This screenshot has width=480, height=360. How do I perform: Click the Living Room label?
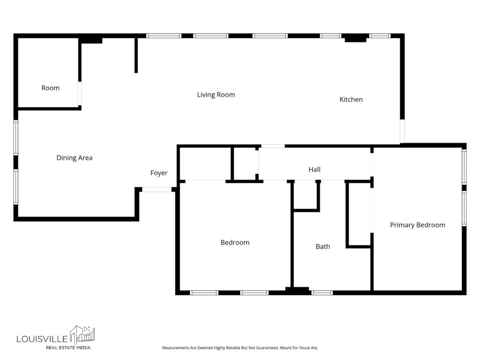(x=216, y=95)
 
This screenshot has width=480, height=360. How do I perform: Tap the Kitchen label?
(x=351, y=99)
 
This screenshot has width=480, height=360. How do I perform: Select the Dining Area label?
(x=75, y=157)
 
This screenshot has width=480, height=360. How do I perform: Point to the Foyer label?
(x=159, y=173)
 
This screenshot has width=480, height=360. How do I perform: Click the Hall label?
(x=315, y=169)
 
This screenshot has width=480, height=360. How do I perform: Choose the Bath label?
(x=322, y=247)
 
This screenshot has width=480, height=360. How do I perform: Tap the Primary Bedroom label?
(x=418, y=225)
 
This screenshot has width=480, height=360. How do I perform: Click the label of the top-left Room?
(x=51, y=88)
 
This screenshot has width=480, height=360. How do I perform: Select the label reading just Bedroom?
(x=235, y=242)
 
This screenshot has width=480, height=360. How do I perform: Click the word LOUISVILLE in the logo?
(x=42, y=339)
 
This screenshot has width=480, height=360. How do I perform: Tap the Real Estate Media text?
(x=68, y=347)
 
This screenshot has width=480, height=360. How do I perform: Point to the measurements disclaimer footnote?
(x=240, y=348)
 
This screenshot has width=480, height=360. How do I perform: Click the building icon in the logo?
(x=82, y=335)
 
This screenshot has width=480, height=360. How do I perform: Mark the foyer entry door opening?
(x=157, y=189)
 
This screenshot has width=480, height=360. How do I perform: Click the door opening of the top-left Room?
(x=80, y=93)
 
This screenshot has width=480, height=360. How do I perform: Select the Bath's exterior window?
(x=322, y=292)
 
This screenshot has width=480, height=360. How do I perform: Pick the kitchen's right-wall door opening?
(x=402, y=131)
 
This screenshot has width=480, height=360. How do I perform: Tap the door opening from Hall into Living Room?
(x=273, y=146)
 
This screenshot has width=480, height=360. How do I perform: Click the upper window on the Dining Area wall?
(x=15, y=137)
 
